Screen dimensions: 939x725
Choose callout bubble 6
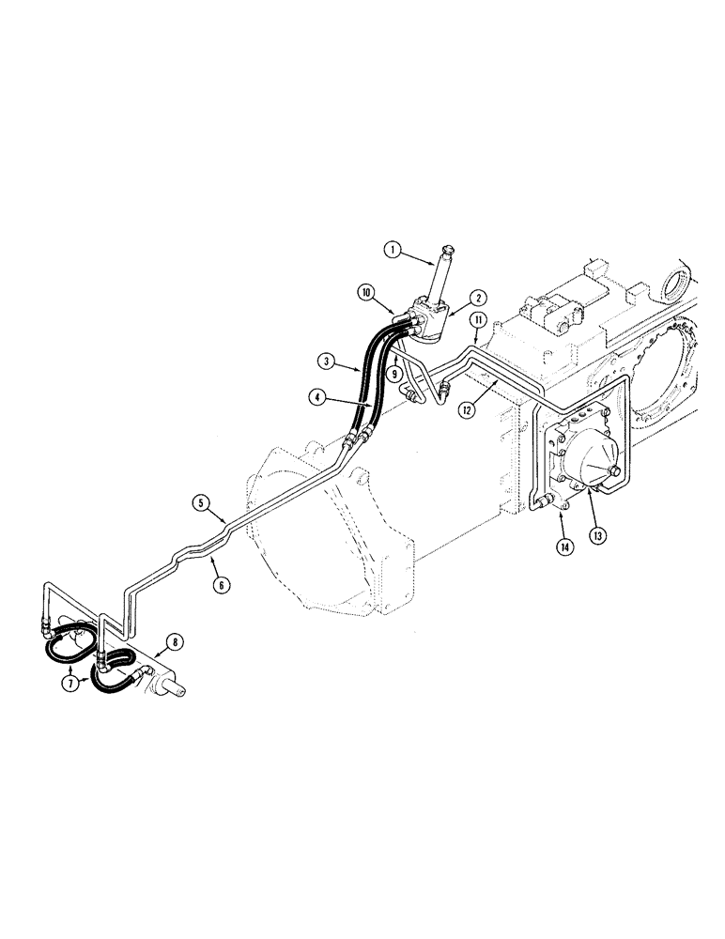pos(222,584)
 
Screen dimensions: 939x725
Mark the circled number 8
pos(174,644)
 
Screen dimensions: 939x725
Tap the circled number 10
pos(365,292)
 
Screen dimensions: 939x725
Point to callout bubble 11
pos(478,321)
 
